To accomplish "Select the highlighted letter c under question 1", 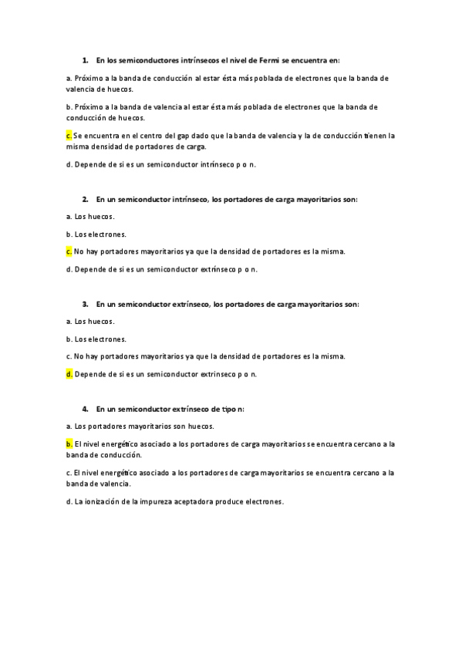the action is tap(69, 135).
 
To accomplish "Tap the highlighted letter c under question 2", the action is tap(69, 251).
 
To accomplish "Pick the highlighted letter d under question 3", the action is tap(69, 374).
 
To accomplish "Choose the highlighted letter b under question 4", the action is tap(69, 444).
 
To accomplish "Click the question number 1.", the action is tap(84, 59).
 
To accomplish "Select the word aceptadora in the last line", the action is tap(191, 501).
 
